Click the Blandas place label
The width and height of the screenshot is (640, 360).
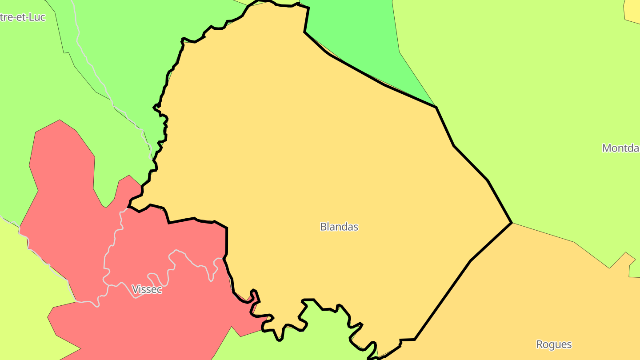point(339,227)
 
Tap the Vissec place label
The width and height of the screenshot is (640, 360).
point(147,289)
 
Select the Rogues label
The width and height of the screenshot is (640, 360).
point(554,344)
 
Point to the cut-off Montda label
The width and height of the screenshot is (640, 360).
point(621,148)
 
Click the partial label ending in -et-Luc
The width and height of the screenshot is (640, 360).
point(23,18)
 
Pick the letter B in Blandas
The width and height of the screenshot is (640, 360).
point(323,227)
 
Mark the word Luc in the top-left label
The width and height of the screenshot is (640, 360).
point(37,18)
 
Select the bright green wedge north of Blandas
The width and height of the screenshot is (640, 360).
point(356,36)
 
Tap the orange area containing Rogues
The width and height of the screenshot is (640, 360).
point(533,289)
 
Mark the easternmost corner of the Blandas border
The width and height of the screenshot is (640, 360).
point(512,223)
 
